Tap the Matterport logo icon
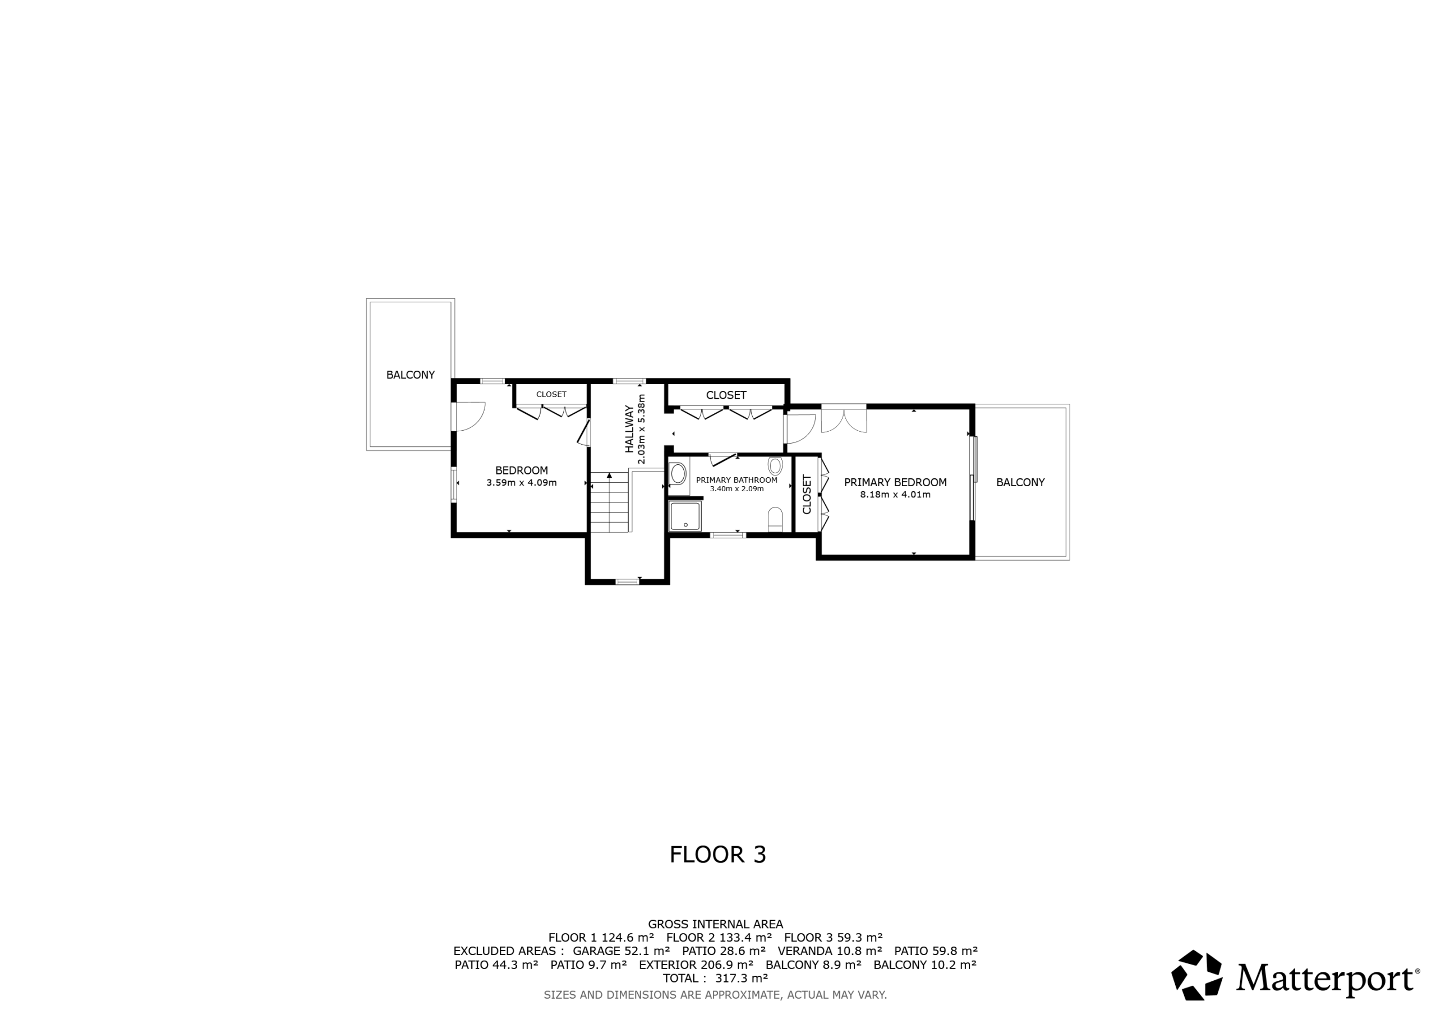(x=1196, y=975)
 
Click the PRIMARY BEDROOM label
(x=895, y=482)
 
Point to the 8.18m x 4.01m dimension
(x=895, y=495)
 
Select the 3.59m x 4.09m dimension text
(x=522, y=483)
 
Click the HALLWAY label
(x=629, y=429)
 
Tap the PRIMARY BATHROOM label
(x=737, y=480)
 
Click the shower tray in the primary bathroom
(x=685, y=516)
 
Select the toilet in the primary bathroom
(x=775, y=519)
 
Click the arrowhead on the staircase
(x=609, y=476)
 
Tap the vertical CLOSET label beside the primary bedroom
(x=807, y=494)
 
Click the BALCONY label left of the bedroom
(x=410, y=375)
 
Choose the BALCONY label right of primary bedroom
(x=1021, y=482)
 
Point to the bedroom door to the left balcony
(x=468, y=416)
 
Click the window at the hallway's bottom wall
(x=627, y=582)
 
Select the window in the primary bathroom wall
(x=728, y=536)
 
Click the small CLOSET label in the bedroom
(x=551, y=395)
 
